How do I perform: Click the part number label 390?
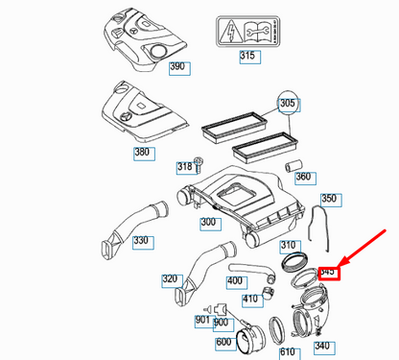tap(178, 68)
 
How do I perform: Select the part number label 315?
tap(249, 58)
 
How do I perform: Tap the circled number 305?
tap(288, 103)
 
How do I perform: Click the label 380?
tap(169, 153)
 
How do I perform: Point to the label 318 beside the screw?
tap(185, 167)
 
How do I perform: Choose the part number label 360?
tap(304, 178)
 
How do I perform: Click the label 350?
tap(330, 200)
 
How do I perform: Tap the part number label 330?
tap(142, 241)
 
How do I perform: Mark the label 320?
tap(171, 280)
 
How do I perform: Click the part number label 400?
tap(235, 281)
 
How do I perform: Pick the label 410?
tap(251, 299)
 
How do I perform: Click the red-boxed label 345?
tap(329, 273)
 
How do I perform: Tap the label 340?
tap(322, 347)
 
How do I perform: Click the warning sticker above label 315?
tap(248, 30)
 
